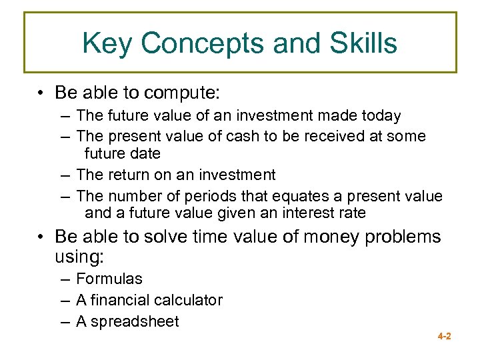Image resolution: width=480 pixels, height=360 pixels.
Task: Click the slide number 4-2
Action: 444,337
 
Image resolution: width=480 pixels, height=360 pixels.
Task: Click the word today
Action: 380,116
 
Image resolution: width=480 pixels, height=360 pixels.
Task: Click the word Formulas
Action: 109,279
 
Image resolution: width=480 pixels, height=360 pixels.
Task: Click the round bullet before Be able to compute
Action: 41,91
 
